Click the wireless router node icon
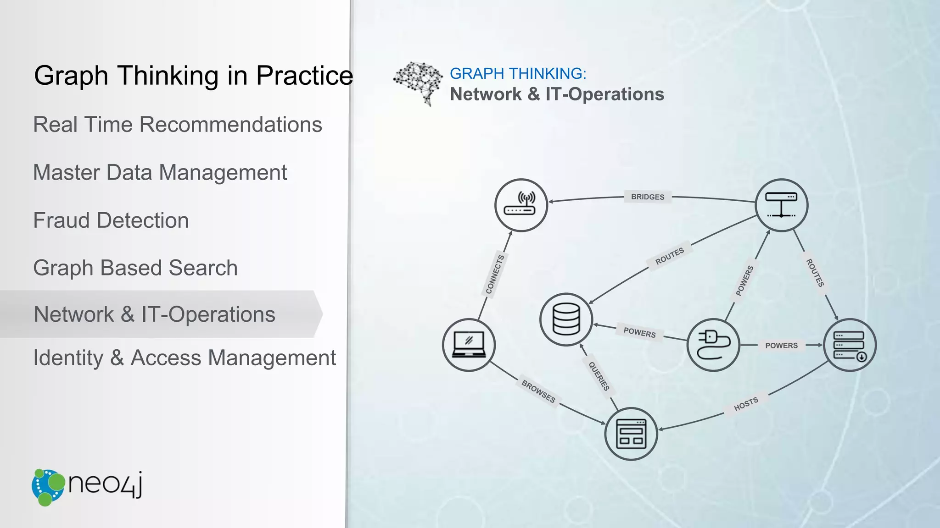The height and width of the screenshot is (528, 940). [x=521, y=205]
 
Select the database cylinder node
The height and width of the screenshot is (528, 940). [x=566, y=319]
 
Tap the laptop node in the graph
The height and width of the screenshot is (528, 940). [x=469, y=345]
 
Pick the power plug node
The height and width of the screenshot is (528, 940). [x=713, y=345]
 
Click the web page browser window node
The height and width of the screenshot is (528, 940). [x=631, y=434]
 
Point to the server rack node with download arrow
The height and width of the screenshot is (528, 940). [x=850, y=345]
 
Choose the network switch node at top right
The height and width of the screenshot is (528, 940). [x=781, y=205]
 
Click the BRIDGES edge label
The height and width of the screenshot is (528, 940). [x=647, y=197]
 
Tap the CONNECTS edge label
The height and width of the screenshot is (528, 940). [x=495, y=274]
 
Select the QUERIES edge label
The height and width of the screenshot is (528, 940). [x=599, y=376]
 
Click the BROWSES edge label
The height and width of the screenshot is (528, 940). [x=538, y=391]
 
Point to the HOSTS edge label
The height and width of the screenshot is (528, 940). [x=746, y=404]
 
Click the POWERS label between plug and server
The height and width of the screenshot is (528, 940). [x=781, y=345]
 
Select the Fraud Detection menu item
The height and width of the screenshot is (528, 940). [x=111, y=220]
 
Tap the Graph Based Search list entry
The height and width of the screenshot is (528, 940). [x=135, y=268]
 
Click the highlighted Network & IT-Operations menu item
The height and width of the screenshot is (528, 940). [x=155, y=314]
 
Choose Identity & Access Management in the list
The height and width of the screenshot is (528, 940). [x=185, y=358]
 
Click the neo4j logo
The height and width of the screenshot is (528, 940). [x=87, y=487]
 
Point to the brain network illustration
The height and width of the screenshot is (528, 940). [x=418, y=83]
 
